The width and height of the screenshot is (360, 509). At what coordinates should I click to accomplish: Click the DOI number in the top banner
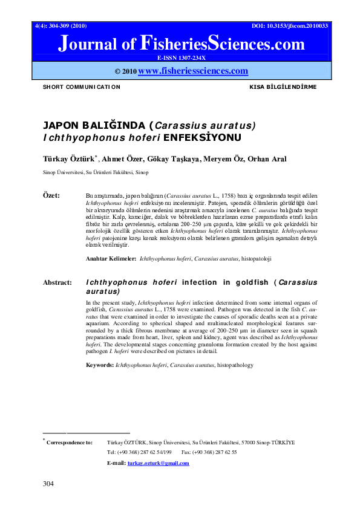click(x=290, y=27)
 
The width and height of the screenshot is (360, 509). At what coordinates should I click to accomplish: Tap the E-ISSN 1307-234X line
click(x=181, y=58)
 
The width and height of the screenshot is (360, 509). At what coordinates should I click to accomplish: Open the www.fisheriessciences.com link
click(x=193, y=71)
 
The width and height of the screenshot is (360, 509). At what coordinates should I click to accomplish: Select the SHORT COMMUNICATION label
click(x=81, y=87)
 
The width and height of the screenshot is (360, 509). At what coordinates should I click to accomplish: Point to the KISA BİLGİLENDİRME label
click(x=283, y=87)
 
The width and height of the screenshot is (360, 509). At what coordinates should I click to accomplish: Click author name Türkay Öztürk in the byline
click(x=67, y=159)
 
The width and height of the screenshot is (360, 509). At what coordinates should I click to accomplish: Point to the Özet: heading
click(x=51, y=196)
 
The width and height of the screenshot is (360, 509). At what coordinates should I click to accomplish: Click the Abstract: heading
click(x=57, y=282)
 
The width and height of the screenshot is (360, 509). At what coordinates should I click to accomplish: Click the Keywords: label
click(x=99, y=365)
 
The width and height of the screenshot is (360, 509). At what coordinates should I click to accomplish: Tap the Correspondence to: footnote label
click(x=70, y=443)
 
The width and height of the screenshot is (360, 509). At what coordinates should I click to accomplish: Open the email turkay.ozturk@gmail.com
click(x=158, y=463)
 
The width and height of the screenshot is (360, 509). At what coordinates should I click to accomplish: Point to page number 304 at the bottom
click(x=48, y=484)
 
